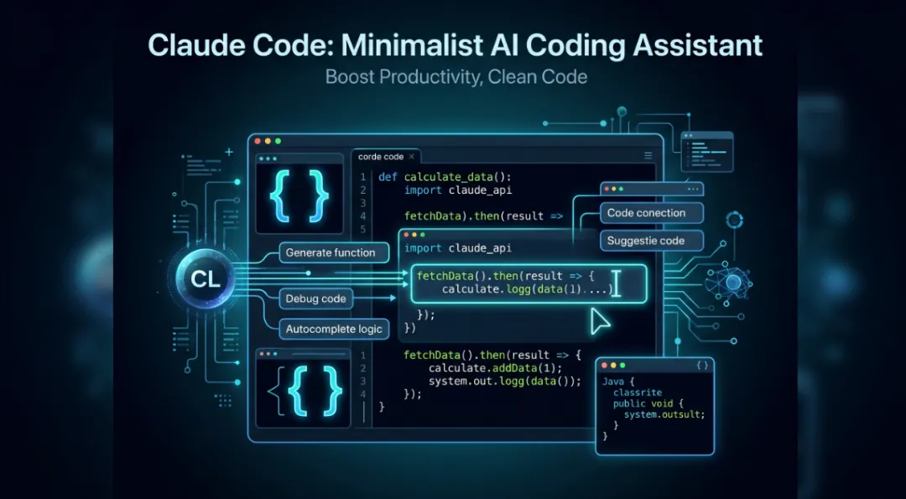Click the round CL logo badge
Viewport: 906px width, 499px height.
coord(206,279)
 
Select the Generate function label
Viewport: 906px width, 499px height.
coord(331,252)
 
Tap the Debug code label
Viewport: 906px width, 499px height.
coord(315,299)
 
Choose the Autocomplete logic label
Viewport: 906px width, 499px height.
coord(334,329)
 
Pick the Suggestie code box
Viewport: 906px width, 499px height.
coord(646,241)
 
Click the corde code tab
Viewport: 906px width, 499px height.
coord(381,157)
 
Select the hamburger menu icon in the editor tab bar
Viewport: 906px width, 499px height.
coord(648,156)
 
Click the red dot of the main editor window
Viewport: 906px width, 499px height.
coord(258,141)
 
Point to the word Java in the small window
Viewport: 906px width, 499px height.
coord(613,382)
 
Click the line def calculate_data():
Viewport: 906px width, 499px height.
coord(445,177)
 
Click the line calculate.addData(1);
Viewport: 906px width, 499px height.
coord(494,368)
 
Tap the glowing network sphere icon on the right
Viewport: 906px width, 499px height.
coord(733,283)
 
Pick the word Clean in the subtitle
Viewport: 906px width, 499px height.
coord(513,77)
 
